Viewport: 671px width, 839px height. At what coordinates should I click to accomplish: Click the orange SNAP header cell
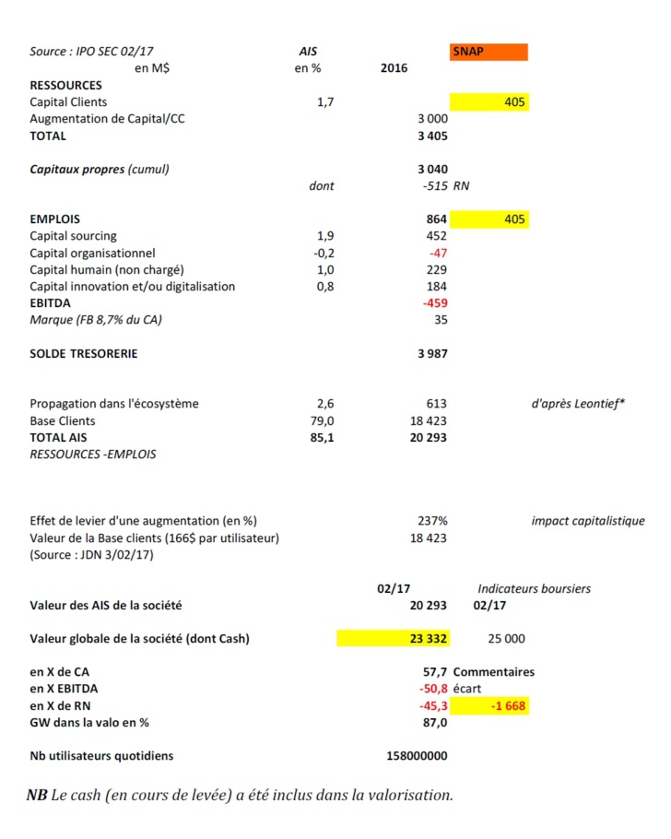[x=489, y=52]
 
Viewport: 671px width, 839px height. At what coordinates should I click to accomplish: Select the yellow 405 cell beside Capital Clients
[x=489, y=102]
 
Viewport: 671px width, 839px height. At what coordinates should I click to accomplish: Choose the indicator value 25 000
[x=506, y=638]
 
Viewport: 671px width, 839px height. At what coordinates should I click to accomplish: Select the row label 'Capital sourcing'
[x=73, y=236]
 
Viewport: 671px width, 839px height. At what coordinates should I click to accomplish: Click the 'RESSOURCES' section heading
[x=65, y=85]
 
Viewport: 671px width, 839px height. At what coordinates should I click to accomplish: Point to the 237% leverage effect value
[x=432, y=521]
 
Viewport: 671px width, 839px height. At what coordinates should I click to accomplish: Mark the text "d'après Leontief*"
[x=578, y=404]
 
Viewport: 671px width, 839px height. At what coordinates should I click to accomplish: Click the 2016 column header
[x=394, y=68]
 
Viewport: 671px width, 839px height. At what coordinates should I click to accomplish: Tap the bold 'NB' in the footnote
[x=37, y=795]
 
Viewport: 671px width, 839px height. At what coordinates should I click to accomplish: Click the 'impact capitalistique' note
[x=587, y=521]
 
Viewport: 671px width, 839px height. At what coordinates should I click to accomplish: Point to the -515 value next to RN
[x=431, y=185]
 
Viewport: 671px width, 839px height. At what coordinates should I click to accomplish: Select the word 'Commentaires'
[x=493, y=672]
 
